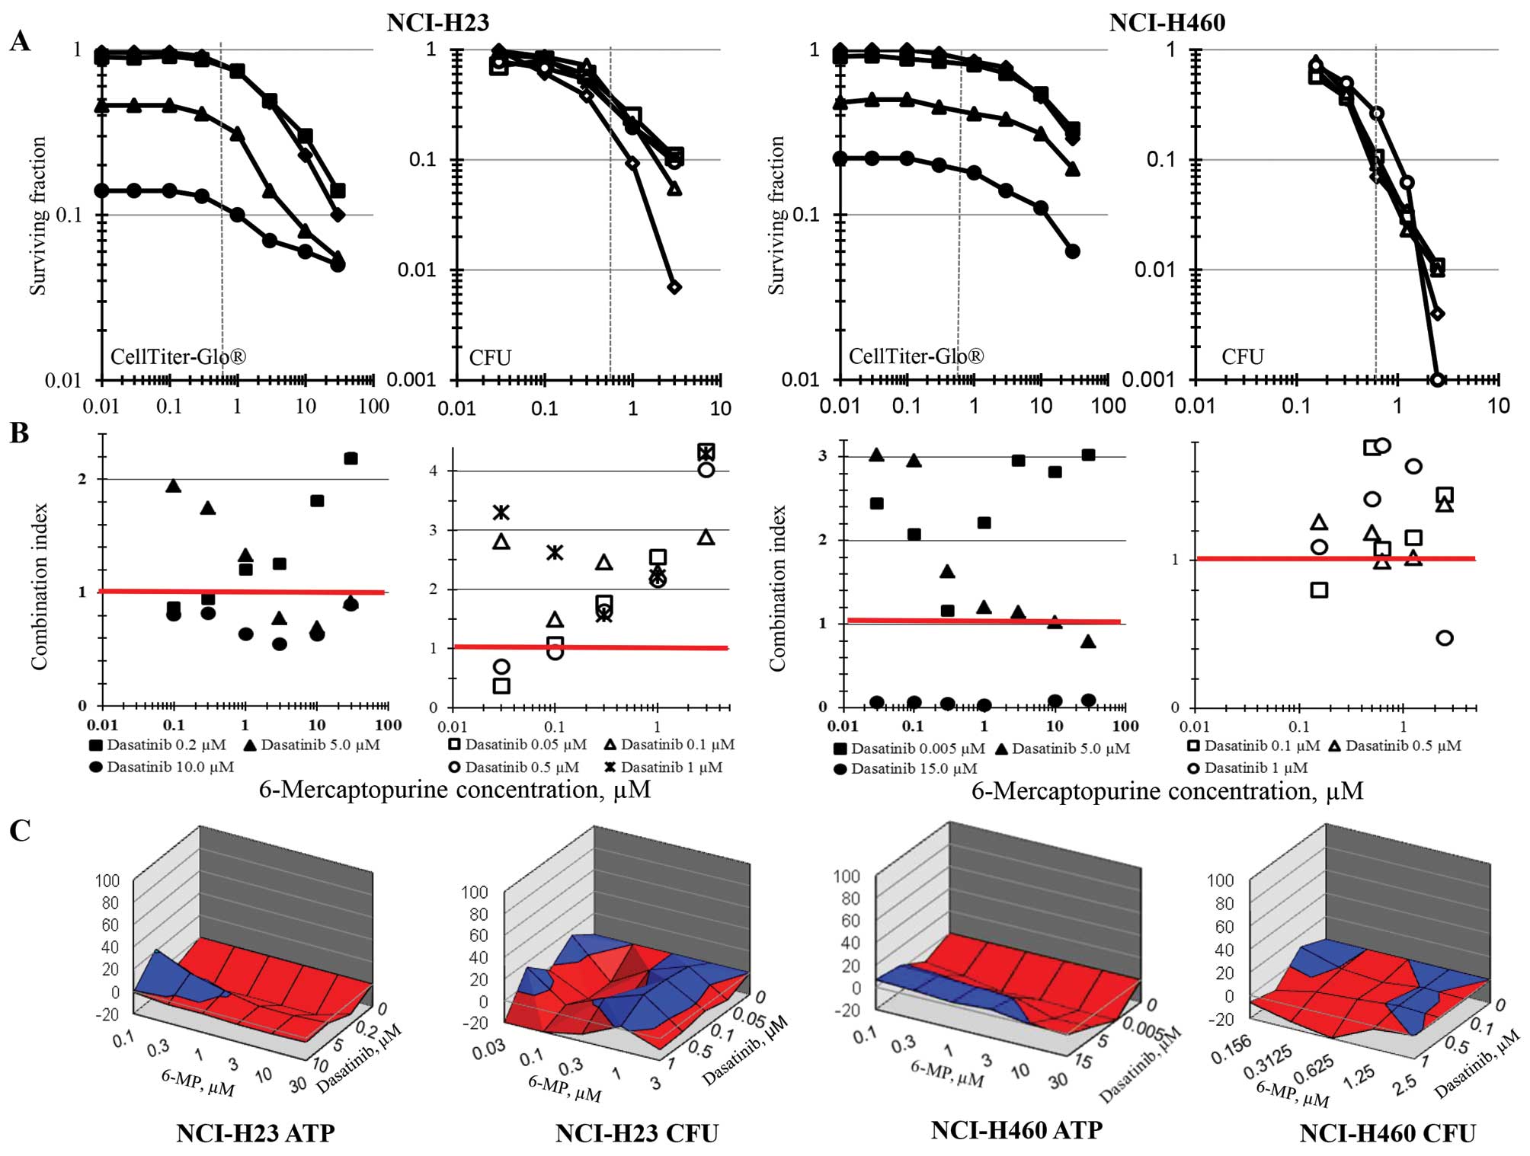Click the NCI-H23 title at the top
pos(437,22)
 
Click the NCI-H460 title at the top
pos(1167,22)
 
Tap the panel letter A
pos(21,42)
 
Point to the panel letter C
pos(20,830)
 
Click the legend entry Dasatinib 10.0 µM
pos(162,767)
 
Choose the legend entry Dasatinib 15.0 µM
pos(906,768)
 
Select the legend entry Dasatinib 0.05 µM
pos(518,744)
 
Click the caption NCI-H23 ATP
pos(255,1133)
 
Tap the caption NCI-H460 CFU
pos(1388,1133)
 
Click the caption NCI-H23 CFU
pos(636,1133)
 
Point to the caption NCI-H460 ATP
pos(1016,1130)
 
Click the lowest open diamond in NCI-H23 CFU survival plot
pos(674,287)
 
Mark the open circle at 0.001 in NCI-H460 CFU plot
pos(1438,379)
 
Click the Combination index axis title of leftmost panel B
pos(39,586)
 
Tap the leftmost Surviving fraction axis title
pos(38,216)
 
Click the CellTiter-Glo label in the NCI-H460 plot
pos(916,356)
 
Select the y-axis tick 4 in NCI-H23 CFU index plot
pos(433,471)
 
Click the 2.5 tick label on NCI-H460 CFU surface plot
pos(1405,1081)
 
